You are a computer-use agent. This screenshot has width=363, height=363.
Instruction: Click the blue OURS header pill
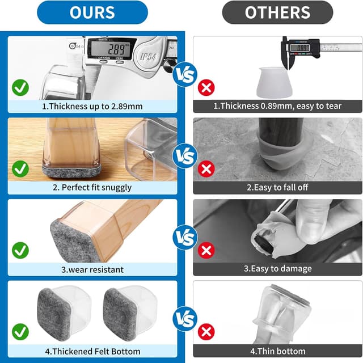coord(92,12)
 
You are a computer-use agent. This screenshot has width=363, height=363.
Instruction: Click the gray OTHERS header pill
coord(277,12)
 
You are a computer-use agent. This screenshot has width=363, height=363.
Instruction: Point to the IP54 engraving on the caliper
coord(149,56)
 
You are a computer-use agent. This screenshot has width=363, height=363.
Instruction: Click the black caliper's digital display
coord(300,48)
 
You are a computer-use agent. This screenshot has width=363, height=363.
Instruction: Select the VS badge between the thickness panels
coord(185,74)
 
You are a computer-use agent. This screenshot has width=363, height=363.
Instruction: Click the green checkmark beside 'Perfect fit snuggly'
coord(20,169)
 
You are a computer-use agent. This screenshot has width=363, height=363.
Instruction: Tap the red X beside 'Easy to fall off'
coord(206,169)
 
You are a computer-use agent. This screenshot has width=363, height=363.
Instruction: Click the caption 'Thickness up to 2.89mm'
coord(92,106)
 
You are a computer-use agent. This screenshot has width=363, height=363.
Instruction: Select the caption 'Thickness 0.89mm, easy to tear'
coord(277,106)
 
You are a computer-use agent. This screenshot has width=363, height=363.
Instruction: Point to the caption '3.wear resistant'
coord(92,269)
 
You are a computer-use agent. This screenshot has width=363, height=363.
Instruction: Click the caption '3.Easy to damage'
coord(277,268)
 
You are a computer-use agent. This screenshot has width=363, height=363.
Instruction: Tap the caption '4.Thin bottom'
coord(277,351)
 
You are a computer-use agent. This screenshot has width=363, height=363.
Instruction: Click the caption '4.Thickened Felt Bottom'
coord(92,351)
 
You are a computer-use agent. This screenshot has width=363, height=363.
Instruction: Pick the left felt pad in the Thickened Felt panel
coord(54,314)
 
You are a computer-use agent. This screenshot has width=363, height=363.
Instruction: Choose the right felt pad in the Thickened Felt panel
coord(120,314)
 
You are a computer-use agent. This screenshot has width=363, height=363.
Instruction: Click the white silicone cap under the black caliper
coord(274,83)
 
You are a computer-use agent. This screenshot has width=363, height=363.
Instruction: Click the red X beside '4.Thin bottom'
coord(206,332)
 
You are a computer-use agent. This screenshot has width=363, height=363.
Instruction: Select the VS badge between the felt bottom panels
coord(185,319)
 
